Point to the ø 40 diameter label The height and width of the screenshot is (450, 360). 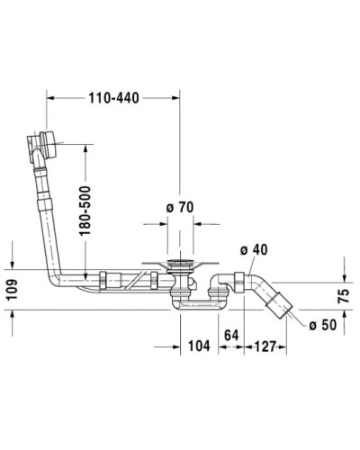pyautogui.click(x=254, y=250)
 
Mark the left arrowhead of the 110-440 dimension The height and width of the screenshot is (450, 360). pyautogui.click(x=49, y=94)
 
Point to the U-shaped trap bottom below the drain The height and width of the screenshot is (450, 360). pyautogui.click(x=193, y=304)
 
